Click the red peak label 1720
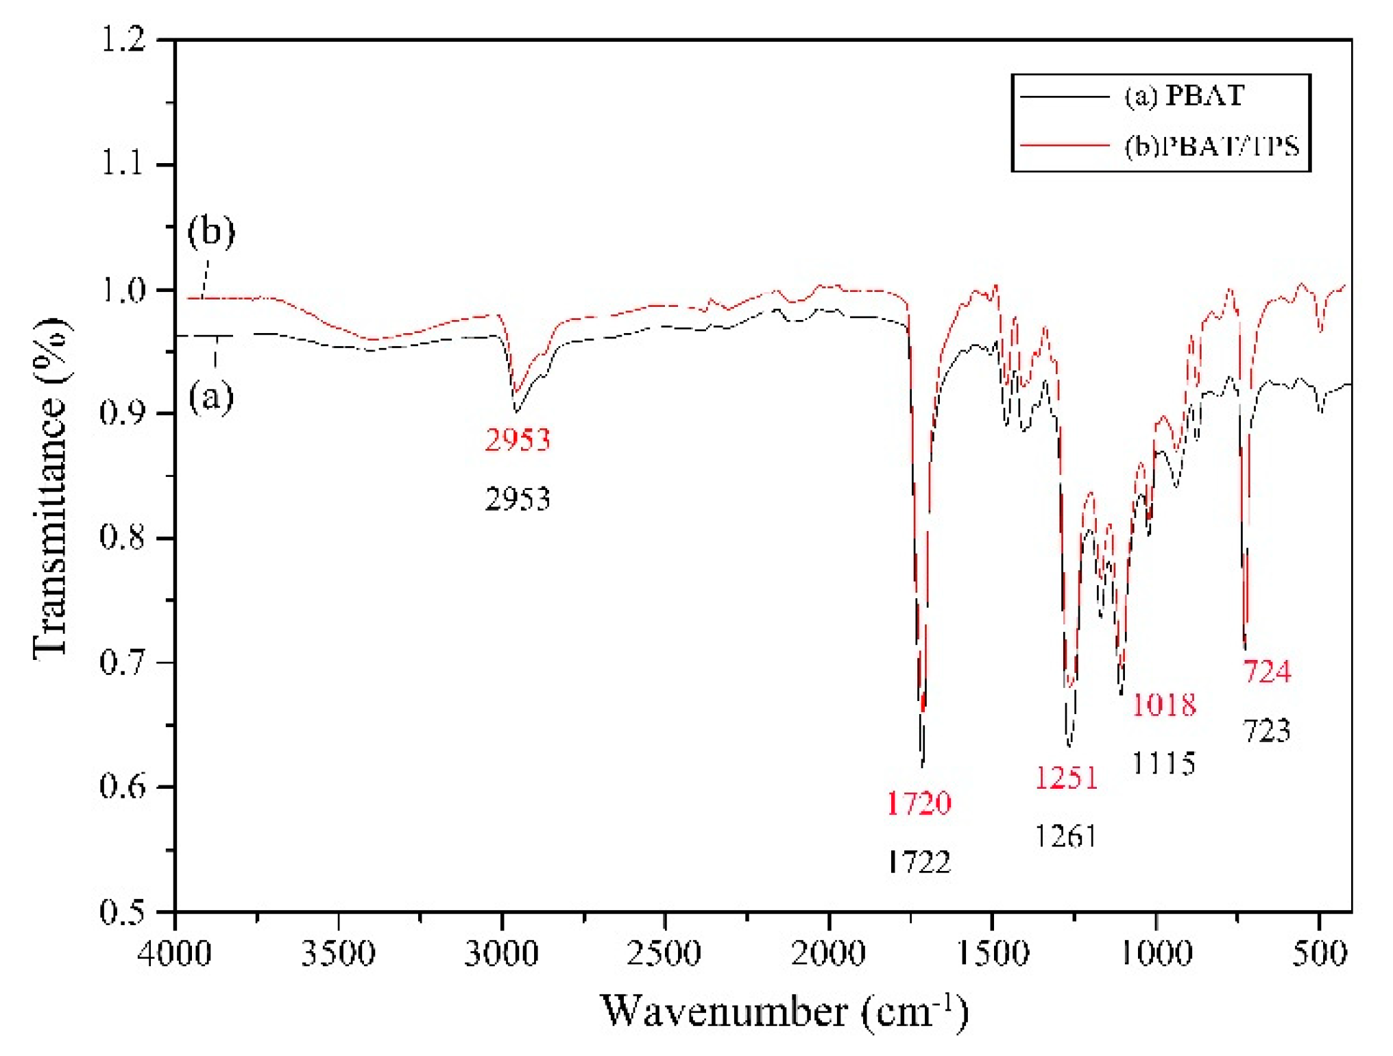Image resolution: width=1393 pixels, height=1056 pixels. [919, 803]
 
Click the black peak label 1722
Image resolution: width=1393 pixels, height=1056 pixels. [919, 862]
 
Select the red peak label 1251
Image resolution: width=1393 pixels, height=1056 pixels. [1066, 778]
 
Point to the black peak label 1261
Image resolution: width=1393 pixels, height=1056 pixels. [1066, 837]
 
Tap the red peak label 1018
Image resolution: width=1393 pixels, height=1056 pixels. [1163, 704]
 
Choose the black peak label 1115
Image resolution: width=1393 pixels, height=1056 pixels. [1163, 763]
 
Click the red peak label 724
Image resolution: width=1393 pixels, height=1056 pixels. [1267, 671]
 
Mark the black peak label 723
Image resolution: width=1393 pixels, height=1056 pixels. [1267, 730]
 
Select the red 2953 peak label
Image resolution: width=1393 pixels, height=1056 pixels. [518, 439]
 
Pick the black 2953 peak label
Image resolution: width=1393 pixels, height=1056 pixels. [518, 499]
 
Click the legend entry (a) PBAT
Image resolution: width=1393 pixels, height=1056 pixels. [1184, 95]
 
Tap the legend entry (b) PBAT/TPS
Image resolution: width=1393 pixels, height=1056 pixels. [1211, 146]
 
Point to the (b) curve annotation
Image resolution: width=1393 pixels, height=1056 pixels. [211, 231]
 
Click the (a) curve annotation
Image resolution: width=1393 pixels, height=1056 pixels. [211, 397]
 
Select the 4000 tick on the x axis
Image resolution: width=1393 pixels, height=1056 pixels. [175, 953]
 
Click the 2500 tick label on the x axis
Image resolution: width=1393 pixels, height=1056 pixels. [664, 953]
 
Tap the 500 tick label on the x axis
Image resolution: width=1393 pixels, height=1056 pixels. [1320, 953]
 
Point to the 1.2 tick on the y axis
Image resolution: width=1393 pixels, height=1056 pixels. [124, 39]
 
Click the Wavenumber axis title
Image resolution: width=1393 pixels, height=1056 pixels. [784, 1011]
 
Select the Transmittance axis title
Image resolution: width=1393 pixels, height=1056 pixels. [51, 487]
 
